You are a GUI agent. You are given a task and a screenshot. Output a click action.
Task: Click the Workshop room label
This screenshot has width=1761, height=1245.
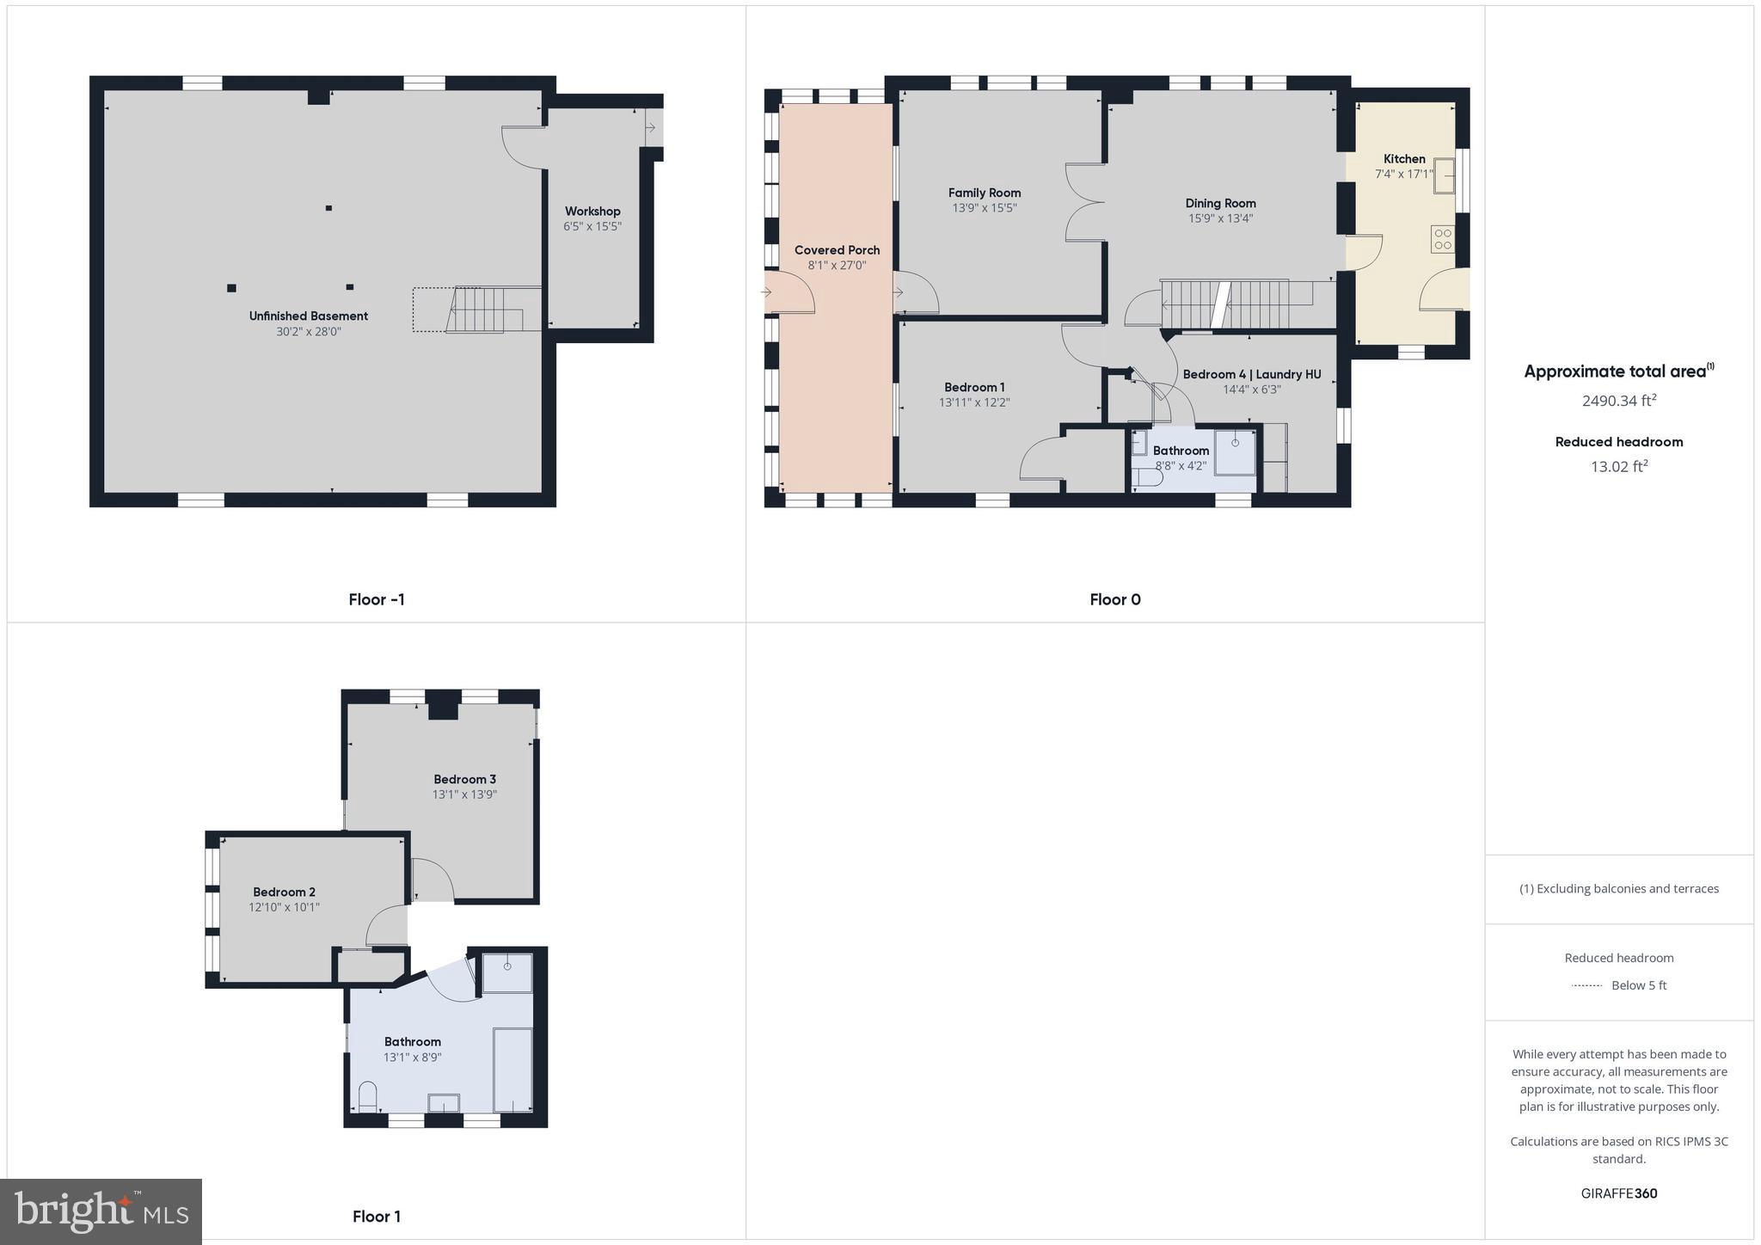pos(592,212)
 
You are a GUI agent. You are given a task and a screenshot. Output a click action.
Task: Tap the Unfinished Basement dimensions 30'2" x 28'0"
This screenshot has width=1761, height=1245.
pos(309,332)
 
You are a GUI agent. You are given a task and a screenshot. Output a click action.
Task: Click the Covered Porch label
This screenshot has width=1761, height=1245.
pos(837,250)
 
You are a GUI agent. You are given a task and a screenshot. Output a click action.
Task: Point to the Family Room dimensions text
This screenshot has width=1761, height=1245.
pos(985,208)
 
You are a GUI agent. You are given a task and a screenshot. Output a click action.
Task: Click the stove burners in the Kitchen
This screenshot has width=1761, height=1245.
pos(1442,239)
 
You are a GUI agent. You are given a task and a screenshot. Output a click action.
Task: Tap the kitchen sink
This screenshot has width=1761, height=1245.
pos(1443,175)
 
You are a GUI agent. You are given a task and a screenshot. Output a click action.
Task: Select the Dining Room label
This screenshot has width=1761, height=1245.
pos(1220,204)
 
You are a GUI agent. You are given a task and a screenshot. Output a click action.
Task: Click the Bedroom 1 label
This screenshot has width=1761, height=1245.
pos(974,388)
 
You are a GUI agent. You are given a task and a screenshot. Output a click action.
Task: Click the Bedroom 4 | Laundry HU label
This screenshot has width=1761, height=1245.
pos(1251,375)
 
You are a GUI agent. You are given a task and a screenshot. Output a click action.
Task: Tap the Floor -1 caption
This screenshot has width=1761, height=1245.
pos(377,600)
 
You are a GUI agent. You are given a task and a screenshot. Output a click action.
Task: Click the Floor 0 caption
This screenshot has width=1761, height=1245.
pos(1114,600)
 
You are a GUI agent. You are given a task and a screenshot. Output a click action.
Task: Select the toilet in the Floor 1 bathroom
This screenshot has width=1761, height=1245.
pos(367,1096)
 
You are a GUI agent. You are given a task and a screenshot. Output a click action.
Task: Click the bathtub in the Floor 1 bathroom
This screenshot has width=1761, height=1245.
pos(512,1069)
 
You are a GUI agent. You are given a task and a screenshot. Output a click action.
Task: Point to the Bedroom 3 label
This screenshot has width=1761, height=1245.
pos(464,780)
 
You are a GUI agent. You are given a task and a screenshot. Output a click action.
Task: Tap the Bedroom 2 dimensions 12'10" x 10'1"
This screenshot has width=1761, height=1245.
pos(284,907)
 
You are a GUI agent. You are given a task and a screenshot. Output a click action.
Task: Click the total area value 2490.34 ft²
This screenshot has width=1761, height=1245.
pos(1618,401)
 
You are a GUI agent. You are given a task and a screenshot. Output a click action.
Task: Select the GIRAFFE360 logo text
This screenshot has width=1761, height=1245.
pos(1618,1193)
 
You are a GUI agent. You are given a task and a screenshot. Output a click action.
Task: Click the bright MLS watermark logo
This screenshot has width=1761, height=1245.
pos(101,1212)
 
